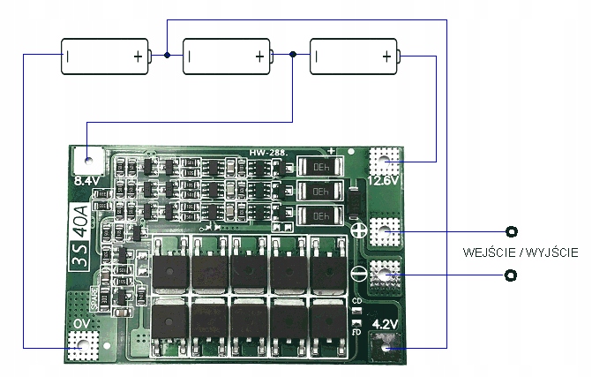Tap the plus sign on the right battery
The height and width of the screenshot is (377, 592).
tap(386, 57)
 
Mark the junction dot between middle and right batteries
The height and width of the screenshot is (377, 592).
tap(293, 55)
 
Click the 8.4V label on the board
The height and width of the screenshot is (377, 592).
tap(86, 180)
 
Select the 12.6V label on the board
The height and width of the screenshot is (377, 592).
tap(384, 180)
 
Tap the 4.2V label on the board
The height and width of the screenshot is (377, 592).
tap(385, 324)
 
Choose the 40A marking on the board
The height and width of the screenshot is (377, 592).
tap(79, 222)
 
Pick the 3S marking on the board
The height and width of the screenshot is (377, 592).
tap(79, 262)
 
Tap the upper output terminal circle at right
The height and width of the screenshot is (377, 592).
tap(511, 232)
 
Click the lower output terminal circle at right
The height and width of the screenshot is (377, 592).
tap(511, 276)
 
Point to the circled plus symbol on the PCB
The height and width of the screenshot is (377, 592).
tap(359, 231)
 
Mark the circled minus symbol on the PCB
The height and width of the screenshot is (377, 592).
tap(359, 274)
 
